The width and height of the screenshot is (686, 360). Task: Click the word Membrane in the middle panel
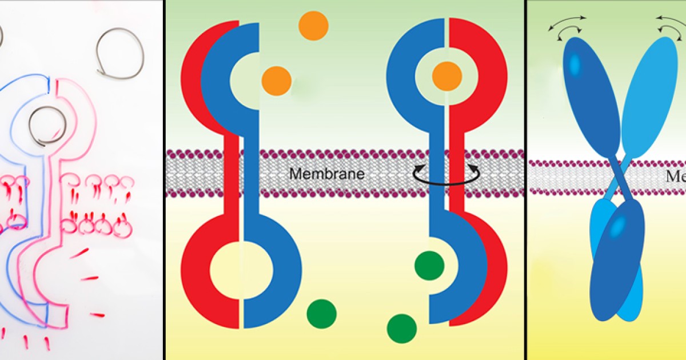pyautogui.click(x=326, y=173)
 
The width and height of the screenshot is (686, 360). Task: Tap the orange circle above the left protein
pyautogui.click(x=313, y=26)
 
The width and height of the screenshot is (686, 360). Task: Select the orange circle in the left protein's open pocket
pyautogui.click(x=277, y=81)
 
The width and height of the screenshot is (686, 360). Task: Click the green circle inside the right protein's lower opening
pyautogui.click(x=429, y=266)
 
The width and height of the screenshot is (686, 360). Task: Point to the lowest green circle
pyautogui.click(x=402, y=329)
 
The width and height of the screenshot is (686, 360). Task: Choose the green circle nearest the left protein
pyautogui.click(x=321, y=313)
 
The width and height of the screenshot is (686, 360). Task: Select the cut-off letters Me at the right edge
pyautogui.click(x=676, y=177)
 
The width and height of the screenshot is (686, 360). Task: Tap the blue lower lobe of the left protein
pyautogui.click(x=274, y=269)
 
